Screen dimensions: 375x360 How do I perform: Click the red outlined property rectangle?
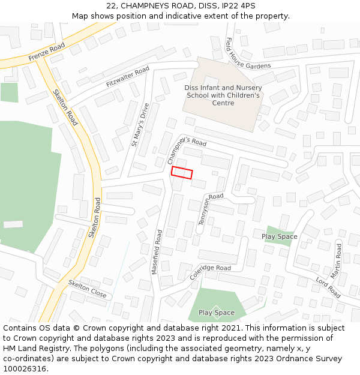(x=182, y=173)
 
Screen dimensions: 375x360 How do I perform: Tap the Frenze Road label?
(x=46, y=52)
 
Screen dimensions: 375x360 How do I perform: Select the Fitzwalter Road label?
(x=127, y=77)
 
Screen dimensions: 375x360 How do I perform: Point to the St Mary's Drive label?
(x=140, y=125)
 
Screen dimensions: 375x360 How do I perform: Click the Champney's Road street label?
(x=186, y=149)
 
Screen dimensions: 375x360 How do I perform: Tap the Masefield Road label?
(x=157, y=252)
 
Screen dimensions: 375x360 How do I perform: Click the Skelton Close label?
(x=87, y=289)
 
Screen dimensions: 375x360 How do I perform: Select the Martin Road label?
(x=338, y=260)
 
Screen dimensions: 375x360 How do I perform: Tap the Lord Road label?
(x=328, y=288)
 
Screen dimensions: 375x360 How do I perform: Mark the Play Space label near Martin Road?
(x=279, y=236)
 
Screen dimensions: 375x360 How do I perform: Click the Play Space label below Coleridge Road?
(x=216, y=313)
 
